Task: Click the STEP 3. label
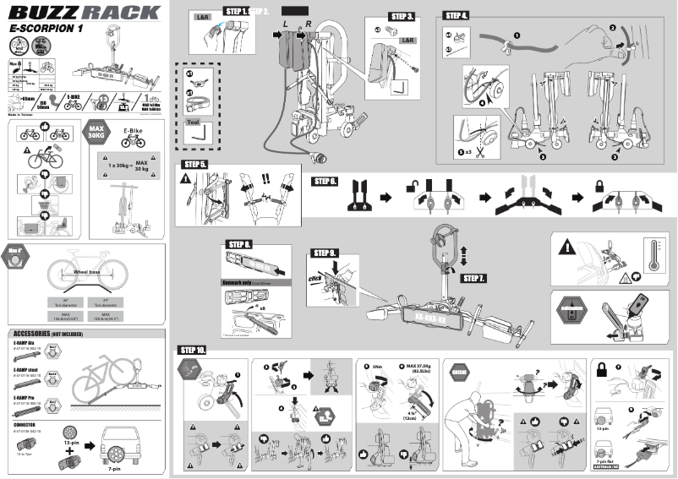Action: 402,17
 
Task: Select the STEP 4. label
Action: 457,16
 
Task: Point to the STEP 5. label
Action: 195,164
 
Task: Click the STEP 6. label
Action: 325,181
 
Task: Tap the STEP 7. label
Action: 474,278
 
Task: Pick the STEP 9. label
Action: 325,253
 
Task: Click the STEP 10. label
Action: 192,350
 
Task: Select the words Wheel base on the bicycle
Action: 86,273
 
